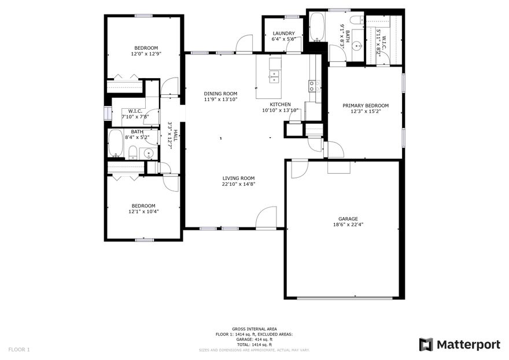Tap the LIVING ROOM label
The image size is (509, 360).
click(239, 178)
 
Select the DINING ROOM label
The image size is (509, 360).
click(220, 93)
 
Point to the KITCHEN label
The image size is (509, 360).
click(280, 104)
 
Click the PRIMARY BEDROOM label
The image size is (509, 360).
click(365, 105)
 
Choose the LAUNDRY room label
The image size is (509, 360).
click(283, 34)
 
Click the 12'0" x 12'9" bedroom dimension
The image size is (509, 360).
click(146, 54)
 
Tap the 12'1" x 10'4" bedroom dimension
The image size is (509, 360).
click(143, 212)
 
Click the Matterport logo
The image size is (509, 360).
click(459, 344)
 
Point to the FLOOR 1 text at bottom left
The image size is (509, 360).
click(19, 349)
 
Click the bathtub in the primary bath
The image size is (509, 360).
click(317, 26)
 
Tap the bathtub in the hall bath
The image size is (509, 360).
click(116, 143)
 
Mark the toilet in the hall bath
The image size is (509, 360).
click(132, 153)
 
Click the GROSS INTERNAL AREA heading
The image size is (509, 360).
click(254, 328)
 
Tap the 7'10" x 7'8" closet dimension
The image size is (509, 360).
click(135, 117)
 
